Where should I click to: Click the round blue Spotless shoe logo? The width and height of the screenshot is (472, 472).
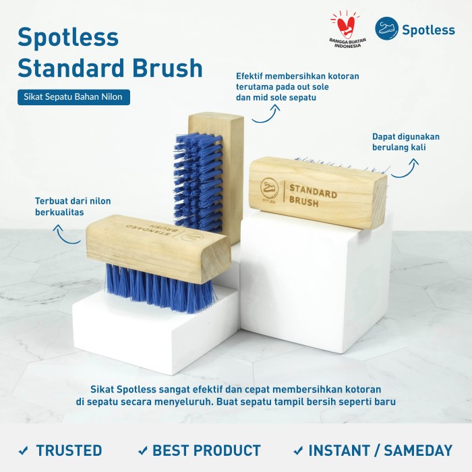tap(386, 28)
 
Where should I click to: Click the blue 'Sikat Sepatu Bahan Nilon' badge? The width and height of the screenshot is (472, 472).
tap(73, 97)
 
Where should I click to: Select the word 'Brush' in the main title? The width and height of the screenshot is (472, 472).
tap(167, 67)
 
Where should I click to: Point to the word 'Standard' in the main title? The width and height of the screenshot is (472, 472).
tap(71, 67)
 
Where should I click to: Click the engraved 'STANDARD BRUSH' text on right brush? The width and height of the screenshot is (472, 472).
tap(313, 196)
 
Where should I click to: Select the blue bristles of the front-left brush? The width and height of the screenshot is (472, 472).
tap(161, 287)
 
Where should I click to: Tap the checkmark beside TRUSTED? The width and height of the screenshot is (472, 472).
tap(23, 450)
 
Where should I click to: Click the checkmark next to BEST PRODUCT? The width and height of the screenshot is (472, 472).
tap(143, 450)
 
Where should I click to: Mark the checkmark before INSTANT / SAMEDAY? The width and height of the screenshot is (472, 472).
tap(298, 450)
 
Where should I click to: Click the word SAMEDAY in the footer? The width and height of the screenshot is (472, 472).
tap(418, 450)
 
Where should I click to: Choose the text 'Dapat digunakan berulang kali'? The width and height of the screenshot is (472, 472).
tap(406, 142)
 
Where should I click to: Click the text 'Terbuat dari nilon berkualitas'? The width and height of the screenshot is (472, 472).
tap(73, 206)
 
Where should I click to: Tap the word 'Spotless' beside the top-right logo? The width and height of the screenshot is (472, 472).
tap(428, 30)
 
